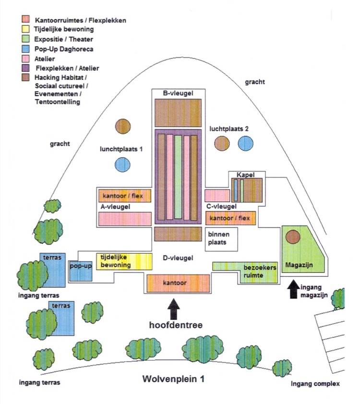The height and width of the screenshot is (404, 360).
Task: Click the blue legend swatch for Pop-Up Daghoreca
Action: point(25,48)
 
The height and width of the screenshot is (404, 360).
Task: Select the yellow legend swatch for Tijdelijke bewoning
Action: point(25,29)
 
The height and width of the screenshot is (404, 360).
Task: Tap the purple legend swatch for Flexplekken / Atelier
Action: point(25,68)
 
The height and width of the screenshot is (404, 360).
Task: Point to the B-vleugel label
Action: point(178,93)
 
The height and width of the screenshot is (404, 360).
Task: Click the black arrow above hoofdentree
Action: point(174,309)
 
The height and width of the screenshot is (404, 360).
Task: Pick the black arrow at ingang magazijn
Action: point(293,289)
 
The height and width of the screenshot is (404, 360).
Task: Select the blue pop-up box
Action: point(81,271)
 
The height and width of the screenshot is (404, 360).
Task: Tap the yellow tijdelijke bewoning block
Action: point(124,261)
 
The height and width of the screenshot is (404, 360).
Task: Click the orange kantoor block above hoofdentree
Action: point(178,284)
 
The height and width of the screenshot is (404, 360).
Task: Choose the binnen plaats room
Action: point(221,239)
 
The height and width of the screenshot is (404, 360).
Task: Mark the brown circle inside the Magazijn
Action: point(293,237)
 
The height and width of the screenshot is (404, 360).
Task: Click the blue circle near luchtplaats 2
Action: point(246,143)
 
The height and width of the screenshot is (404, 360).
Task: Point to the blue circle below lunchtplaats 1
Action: point(122,165)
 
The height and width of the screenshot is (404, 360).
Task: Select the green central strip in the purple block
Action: point(178,177)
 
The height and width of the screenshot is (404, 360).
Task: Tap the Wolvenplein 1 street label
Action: point(173,379)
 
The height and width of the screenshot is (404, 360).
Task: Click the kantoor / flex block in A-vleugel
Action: point(125,196)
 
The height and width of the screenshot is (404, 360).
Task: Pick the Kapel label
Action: point(246,175)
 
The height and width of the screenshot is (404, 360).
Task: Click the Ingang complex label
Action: point(315,384)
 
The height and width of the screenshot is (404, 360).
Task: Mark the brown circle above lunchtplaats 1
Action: point(123,126)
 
